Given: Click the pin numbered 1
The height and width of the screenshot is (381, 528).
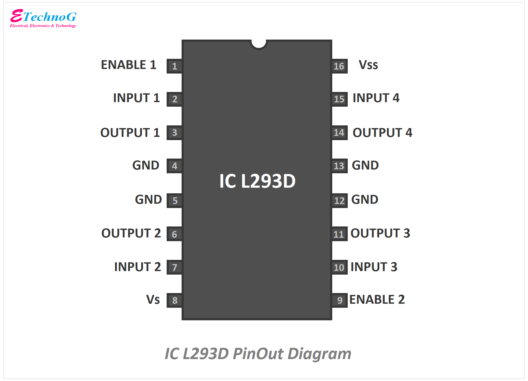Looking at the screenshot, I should tap(174, 66).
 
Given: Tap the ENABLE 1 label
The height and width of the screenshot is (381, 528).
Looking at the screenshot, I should tap(128, 65).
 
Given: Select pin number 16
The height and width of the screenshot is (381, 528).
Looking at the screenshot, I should tap(339, 66).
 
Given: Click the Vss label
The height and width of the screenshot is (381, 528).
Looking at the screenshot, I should tap(368, 65).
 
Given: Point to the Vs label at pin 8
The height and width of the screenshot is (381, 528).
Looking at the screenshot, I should tap(153, 299).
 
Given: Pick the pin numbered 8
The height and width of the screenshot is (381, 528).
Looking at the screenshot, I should tap(174, 300).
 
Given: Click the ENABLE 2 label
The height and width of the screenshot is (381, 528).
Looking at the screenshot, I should tap(377, 299).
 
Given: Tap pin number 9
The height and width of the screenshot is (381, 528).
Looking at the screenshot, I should tap(339, 300).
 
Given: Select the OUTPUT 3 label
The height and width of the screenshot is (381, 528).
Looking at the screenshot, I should tap(380, 233).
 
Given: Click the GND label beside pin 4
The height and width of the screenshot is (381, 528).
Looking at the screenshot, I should tap(146, 166).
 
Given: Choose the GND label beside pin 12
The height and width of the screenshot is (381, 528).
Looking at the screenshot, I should tap(365, 199).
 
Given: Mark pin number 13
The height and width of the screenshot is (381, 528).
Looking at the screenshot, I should tap(339, 166).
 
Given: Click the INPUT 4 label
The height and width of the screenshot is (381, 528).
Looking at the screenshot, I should tap(376, 98).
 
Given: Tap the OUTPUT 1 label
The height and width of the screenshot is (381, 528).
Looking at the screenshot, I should tap(130, 133).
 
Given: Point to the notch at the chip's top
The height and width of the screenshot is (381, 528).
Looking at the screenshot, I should tap(259, 44).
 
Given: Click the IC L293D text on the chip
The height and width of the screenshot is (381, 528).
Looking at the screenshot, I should tap(257, 181).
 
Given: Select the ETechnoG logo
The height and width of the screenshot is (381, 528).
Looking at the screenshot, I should tap(43, 18).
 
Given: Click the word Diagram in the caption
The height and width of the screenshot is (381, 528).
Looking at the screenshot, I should tap(319, 354).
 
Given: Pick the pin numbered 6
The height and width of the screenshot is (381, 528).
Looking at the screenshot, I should tap(174, 234).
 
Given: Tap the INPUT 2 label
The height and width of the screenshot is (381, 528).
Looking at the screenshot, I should tap(138, 267).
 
